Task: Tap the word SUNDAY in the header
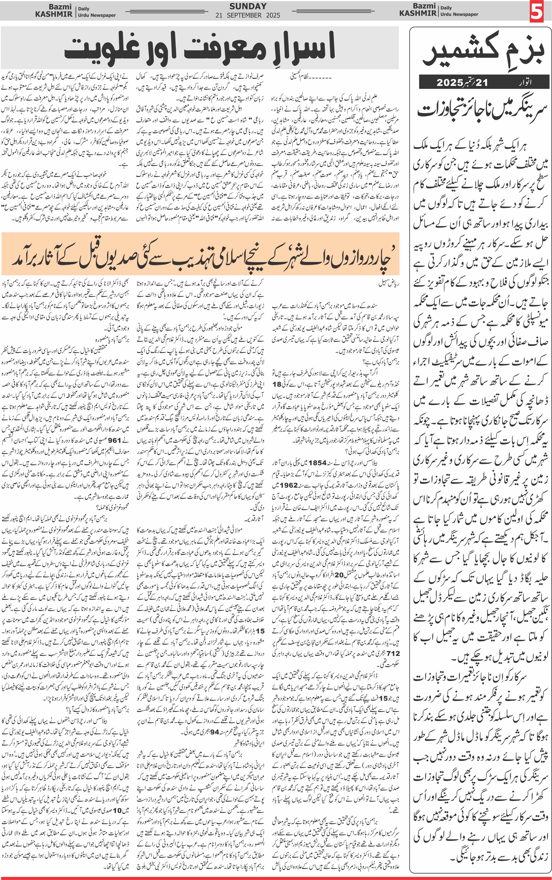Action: coord(248,6)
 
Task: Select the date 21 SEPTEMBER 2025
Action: coord(248,15)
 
